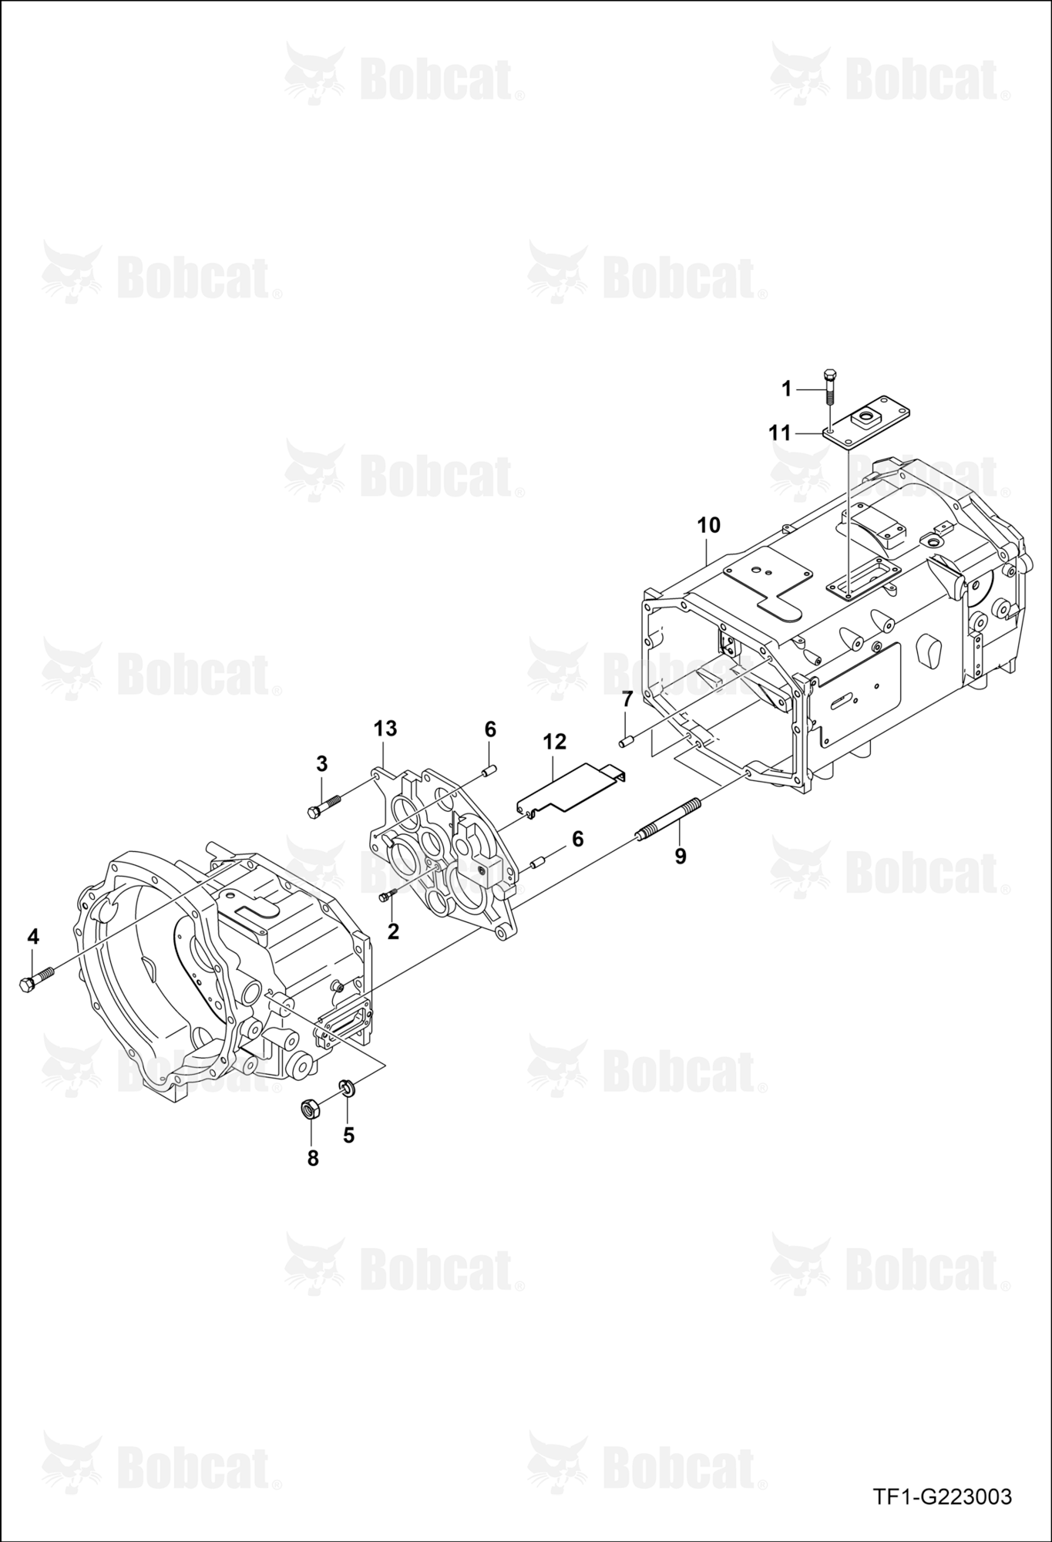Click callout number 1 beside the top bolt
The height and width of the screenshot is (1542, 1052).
pos(787,389)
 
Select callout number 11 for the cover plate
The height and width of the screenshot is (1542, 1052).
pos(781,433)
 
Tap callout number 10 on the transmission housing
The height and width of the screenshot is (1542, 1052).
pos(708,526)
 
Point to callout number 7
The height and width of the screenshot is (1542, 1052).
pos(627,699)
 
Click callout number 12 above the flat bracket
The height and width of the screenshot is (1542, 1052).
pos(554,742)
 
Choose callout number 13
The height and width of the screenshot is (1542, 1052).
pos(385,728)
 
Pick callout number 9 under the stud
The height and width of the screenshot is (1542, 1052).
pos(681,856)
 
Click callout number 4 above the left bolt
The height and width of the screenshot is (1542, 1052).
pos(32,937)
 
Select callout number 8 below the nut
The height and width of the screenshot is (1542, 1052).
pos(313,1158)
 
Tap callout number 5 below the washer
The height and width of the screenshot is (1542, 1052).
pos(348,1135)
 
